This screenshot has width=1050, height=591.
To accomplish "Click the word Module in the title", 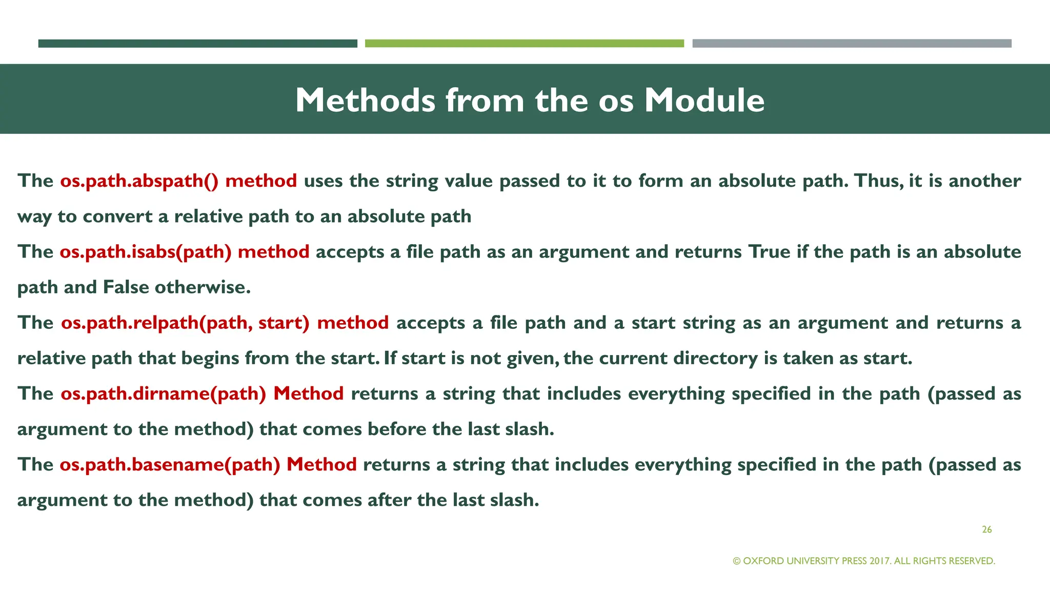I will (704, 100).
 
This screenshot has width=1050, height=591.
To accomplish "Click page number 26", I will (986, 529).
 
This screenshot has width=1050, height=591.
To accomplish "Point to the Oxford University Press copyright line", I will (864, 561).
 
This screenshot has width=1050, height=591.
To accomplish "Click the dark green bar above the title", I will (197, 44).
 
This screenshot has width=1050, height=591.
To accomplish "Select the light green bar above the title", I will (524, 44).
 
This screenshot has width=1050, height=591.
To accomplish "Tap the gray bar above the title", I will (852, 44).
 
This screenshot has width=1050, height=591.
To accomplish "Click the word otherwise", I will (203, 287).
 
